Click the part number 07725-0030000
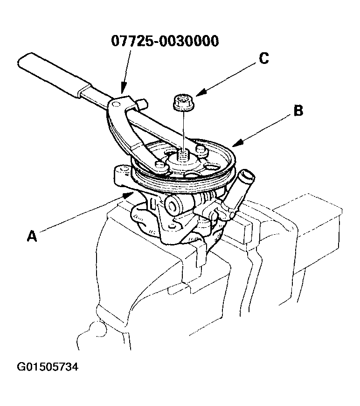tap(165, 41)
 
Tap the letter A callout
tap(31, 236)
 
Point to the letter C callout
tap(263, 58)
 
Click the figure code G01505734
tap(48, 367)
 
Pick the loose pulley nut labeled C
tap(182, 103)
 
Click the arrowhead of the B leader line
tap(233, 144)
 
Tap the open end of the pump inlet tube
tap(247, 177)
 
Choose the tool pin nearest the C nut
tap(201, 150)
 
